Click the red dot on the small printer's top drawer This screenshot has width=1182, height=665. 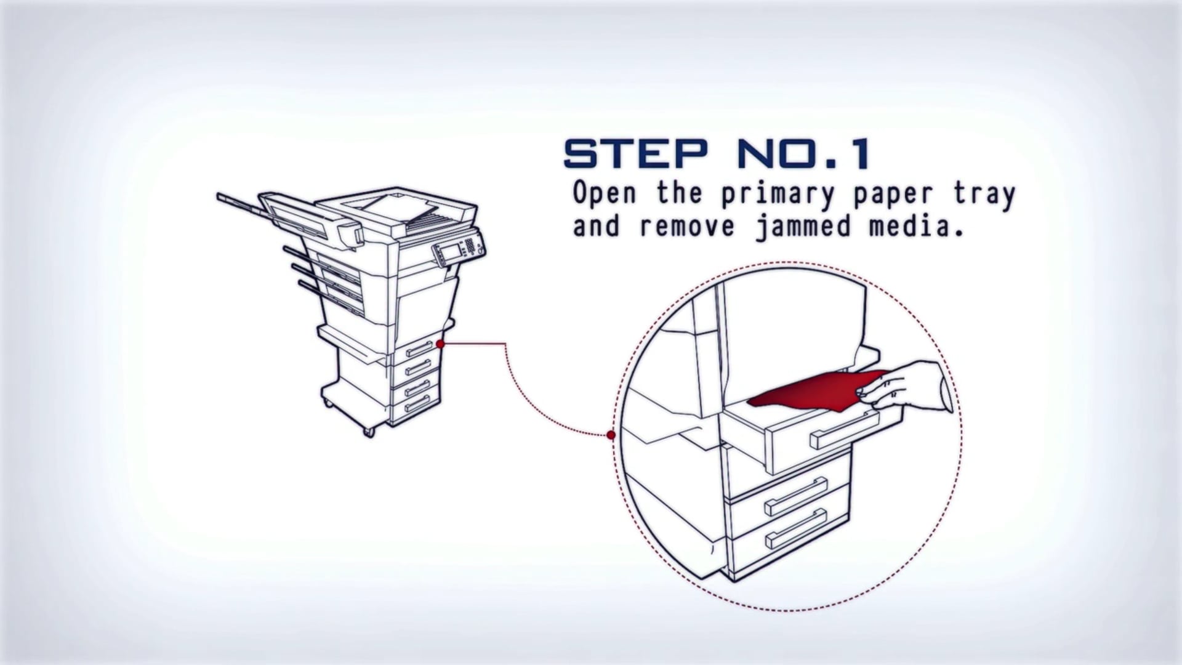[440, 344]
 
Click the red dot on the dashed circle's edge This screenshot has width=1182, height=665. [611, 435]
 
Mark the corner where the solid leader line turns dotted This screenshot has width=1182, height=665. [505, 344]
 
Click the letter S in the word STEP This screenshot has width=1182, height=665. [581, 154]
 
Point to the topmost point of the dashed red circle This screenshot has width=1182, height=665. [788, 260]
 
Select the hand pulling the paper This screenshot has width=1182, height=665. [908, 387]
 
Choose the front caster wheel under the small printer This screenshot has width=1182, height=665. [369, 432]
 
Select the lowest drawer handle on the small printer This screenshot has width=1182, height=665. [417, 404]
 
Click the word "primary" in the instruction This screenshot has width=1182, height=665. [778, 194]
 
